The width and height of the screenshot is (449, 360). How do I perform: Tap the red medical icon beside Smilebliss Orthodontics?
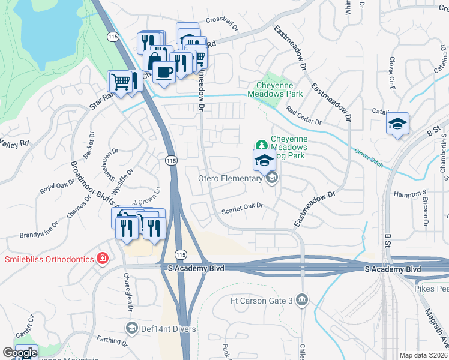tap(103, 259)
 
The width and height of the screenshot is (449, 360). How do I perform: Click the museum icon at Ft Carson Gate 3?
tap(302, 299)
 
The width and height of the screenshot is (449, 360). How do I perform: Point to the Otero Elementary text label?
tap(231, 178)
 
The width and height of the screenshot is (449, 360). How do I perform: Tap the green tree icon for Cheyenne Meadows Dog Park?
tap(261, 145)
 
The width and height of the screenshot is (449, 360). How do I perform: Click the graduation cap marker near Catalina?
tap(397, 124)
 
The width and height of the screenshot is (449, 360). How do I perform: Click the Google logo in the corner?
tap(20, 353)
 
